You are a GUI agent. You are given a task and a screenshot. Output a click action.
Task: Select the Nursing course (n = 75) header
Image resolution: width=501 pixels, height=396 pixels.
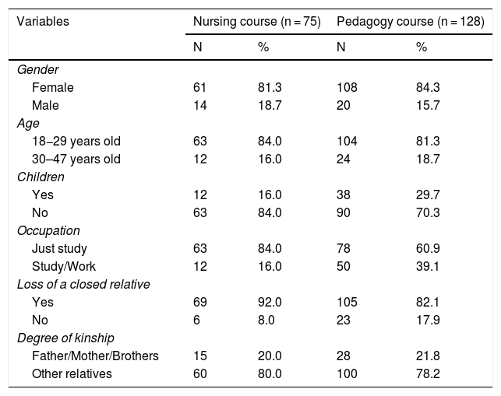click(256, 22)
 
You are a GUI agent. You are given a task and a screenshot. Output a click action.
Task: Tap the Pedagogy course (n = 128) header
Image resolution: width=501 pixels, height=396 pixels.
click(411, 22)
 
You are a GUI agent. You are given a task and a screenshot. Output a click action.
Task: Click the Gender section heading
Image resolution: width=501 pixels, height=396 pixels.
click(38, 70)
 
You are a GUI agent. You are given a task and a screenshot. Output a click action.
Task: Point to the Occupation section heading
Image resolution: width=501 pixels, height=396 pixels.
click(47, 230)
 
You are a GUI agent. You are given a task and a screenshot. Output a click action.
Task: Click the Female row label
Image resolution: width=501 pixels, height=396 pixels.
click(52, 88)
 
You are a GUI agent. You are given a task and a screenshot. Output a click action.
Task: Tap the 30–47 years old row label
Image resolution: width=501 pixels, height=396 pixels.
click(76, 159)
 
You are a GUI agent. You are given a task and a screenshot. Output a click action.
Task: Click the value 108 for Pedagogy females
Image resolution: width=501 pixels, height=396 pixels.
click(347, 88)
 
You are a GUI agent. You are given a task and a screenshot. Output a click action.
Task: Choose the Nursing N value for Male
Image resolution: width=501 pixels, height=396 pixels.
click(201, 105)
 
